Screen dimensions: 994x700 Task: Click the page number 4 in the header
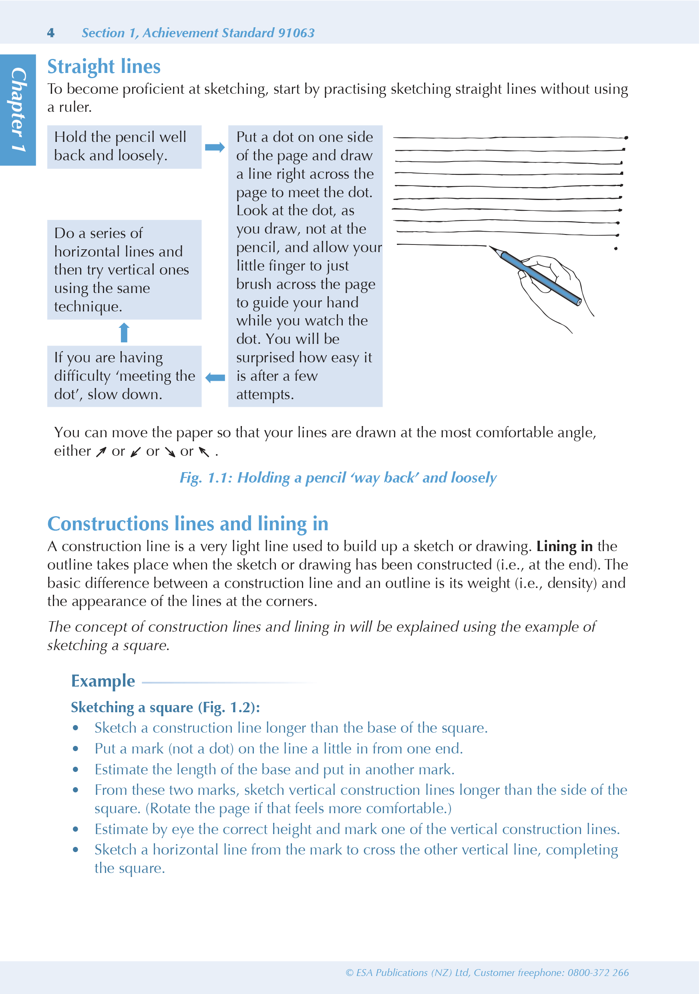[50, 33]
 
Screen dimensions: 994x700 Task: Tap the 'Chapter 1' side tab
[18, 109]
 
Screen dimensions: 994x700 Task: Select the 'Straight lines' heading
[104, 67]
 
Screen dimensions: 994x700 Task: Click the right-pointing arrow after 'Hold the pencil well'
[215, 147]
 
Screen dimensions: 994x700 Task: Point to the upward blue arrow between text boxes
[124, 333]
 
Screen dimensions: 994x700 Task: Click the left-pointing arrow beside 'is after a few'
[215, 378]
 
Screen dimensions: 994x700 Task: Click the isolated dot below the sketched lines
[616, 248]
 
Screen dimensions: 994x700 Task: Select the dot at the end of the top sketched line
[626, 137]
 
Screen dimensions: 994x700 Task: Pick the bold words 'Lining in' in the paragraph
[564, 546]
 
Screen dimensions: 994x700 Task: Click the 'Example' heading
[103, 681]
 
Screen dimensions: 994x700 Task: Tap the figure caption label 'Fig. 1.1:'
[206, 477]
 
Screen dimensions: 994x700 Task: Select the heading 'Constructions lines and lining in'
[188, 524]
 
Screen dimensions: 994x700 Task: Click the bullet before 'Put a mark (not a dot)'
[76, 749]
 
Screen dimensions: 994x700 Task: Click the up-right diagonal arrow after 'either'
[101, 452]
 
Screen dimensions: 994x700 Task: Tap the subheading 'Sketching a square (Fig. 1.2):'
[165, 707]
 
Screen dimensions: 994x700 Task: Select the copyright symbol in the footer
[350, 973]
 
